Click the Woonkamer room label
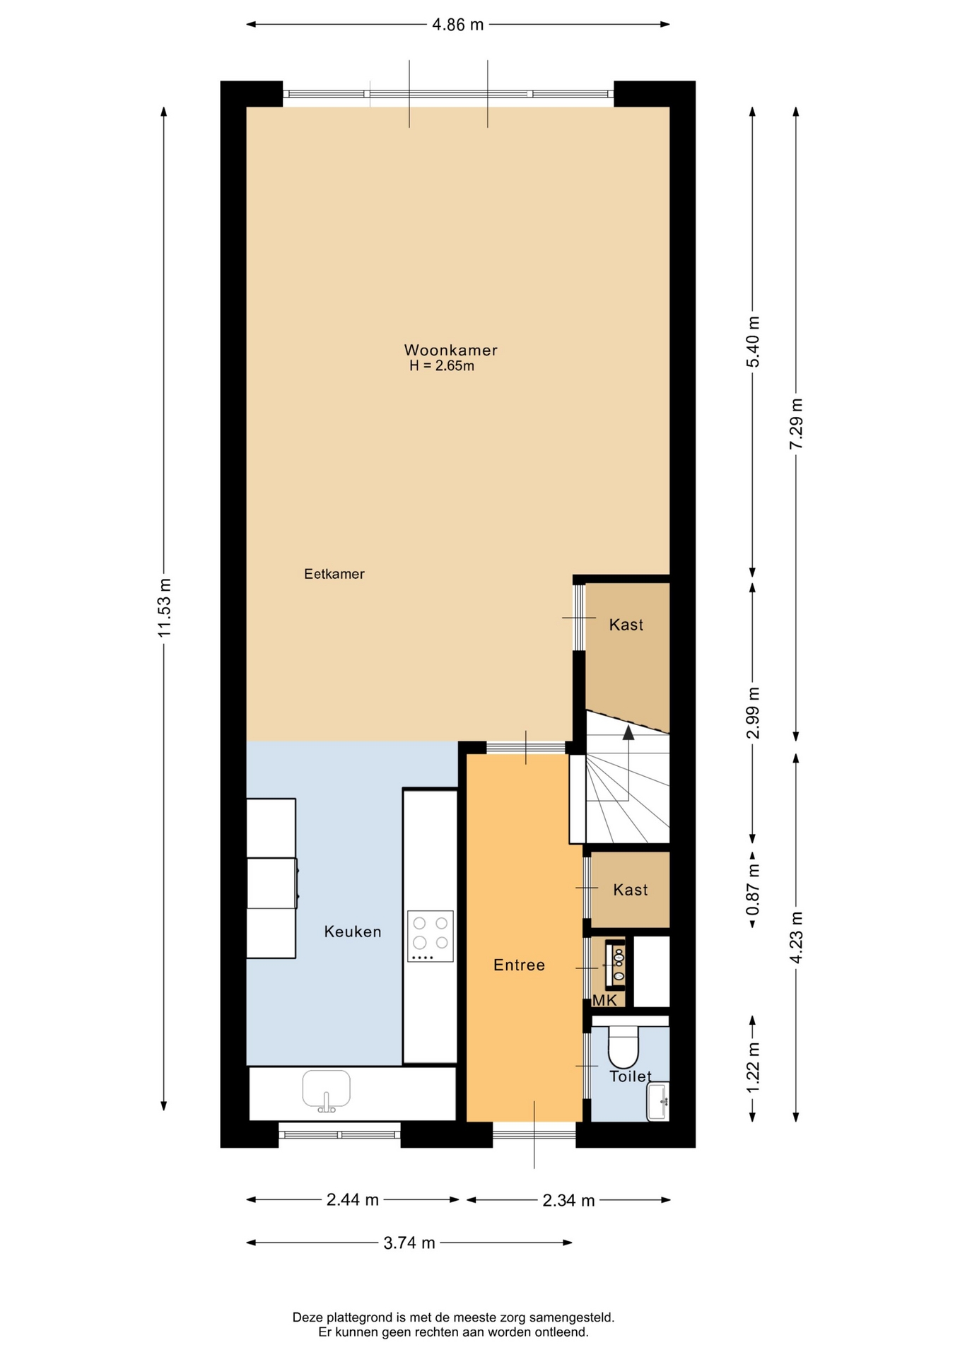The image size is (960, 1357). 450,350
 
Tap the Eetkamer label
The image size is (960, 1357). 334,574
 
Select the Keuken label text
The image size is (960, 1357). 353,932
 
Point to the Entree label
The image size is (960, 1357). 519,965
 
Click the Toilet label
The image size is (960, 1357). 631,1076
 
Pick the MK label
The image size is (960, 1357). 604,1000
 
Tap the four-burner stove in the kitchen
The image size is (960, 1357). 430,936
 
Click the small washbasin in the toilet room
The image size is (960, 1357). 658,1101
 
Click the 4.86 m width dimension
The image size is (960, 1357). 458,25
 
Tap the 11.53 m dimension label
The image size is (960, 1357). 165,608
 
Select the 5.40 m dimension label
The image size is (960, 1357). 753,342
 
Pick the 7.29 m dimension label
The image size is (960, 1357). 797,423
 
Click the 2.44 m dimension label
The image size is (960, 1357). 353,1199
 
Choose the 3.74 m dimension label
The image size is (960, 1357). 409,1243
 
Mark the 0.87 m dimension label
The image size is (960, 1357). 753,889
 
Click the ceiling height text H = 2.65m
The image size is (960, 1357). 442,366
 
